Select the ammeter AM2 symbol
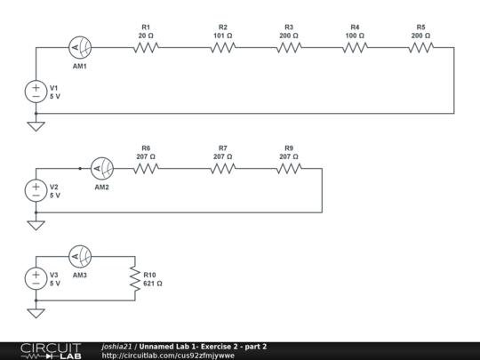(103, 168)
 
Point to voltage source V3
(36, 278)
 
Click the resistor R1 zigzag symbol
(147, 48)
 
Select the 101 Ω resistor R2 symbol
(223, 48)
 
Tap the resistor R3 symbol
(289, 48)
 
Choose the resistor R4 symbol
(355, 48)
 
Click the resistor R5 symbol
(420, 48)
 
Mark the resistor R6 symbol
(147, 168)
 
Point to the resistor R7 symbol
(223, 168)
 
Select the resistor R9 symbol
(289, 168)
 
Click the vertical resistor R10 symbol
(135, 279)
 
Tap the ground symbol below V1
(36, 125)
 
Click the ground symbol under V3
(36, 312)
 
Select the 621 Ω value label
(153, 284)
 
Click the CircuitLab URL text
(168, 356)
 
